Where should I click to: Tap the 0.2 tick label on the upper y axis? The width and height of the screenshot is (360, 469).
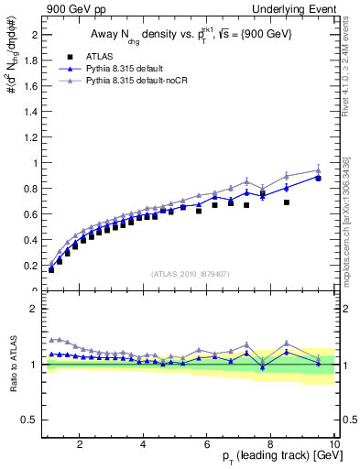click(29, 266)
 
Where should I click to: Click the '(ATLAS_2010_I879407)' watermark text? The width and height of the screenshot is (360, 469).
click(190, 273)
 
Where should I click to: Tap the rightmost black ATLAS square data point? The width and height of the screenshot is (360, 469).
click(318, 178)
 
